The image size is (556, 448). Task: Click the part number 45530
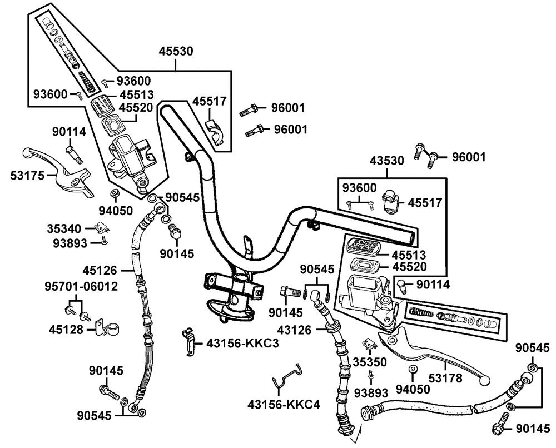pyautogui.click(x=176, y=51)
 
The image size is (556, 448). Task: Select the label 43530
pyautogui.click(x=386, y=161)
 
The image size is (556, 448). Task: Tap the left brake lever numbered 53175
pyautogui.click(x=58, y=171)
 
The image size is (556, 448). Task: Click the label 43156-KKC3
pyautogui.click(x=242, y=343)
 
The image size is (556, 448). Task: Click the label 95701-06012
pyautogui.click(x=81, y=286)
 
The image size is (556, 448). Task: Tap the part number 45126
pyautogui.click(x=100, y=271)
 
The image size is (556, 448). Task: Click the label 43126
pyautogui.click(x=294, y=330)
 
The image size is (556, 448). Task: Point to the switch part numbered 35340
pyautogui.click(x=102, y=227)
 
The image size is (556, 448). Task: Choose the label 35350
pyautogui.click(x=370, y=362)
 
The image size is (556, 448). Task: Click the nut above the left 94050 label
pyautogui.click(x=115, y=193)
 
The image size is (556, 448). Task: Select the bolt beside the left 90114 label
pyautogui.click(x=73, y=154)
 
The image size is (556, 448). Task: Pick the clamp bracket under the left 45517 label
pyautogui.click(x=216, y=132)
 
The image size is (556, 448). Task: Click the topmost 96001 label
pyautogui.click(x=288, y=108)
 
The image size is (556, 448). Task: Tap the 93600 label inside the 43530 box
pyautogui.click(x=359, y=188)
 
